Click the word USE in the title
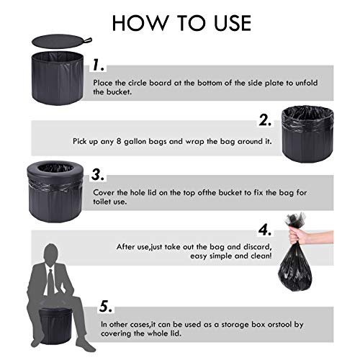click(x=233, y=23)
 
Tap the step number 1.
click(x=98, y=65)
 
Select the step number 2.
click(x=265, y=120)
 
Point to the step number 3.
click(x=98, y=174)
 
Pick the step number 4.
click(x=265, y=230)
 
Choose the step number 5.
click(x=106, y=306)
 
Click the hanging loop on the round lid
click(x=87, y=40)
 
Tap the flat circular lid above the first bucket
click(x=60, y=41)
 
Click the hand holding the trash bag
click(x=310, y=236)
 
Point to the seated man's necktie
click(x=50, y=282)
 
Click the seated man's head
click(x=51, y=254)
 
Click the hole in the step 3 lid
click(x=55, y=168)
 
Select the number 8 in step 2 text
click(x=119, y=141)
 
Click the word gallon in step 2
click(x=135, y=142)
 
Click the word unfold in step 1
click(x=306, y=83)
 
